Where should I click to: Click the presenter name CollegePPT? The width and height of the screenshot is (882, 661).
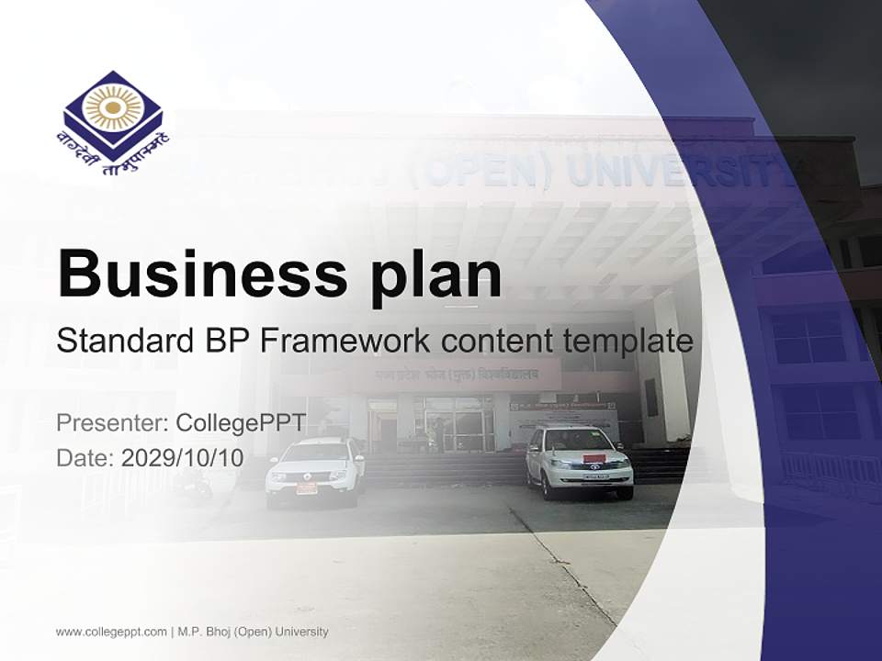point(240,423)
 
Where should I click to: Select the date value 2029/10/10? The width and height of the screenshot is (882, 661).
point(183,457)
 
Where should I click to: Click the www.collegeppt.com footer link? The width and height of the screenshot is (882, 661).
point(111,632)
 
